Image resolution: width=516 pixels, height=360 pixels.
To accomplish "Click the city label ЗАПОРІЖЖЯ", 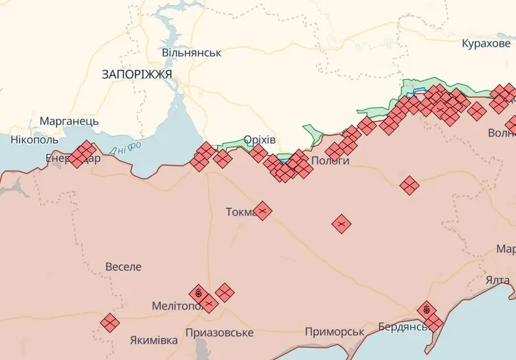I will pyautogui.click(x=136, y=74).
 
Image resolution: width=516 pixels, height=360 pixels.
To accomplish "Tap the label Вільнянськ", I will pyautogui.click(x=191, y=52).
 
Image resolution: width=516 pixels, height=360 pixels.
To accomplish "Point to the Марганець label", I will pyautogui.click(x=69, y=121).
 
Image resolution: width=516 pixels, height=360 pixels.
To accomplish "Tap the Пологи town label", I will pyautogui.click(x=330, y=160).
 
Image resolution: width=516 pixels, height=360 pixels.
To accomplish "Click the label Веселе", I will pyautogui.click(x=124, y=267).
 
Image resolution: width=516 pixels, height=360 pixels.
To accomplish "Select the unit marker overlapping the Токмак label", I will pyautogui.click(x=261, y=210).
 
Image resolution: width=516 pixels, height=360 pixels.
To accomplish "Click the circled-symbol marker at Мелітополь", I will pyautogui.click(x=199, y=293).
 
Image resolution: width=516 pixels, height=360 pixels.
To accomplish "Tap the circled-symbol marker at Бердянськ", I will pyautogui.click(x=427, y=311).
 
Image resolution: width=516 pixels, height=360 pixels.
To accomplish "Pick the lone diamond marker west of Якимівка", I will pyautogui.click(x=109, y=322).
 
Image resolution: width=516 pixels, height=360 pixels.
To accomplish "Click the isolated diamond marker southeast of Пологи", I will pyautogui.click(x=341, y=223).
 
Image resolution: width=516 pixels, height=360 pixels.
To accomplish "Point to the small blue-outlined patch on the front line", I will pyautogui.click(x=416, y=92).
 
